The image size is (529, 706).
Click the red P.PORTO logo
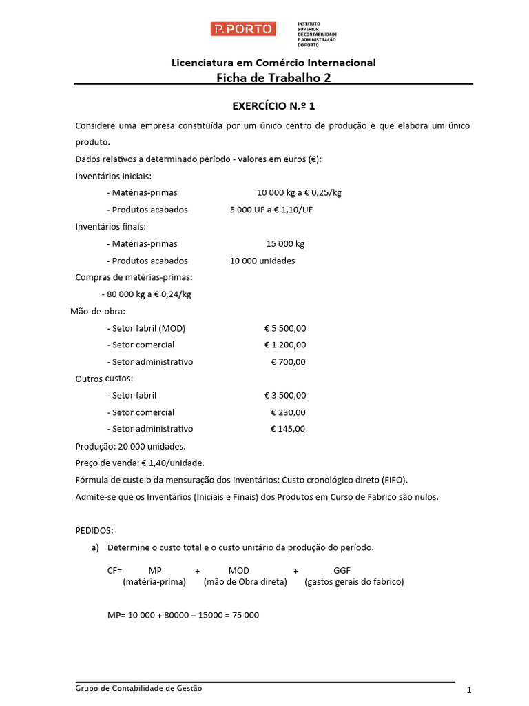coord(243,29)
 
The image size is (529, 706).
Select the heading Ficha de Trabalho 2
coord(273,78)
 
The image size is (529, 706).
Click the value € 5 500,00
coord(285,328)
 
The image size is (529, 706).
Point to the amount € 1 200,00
coord(285,345)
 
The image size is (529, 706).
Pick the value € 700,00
coord(288,362)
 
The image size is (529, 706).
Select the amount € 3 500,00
coord(285,396)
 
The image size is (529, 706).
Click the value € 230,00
coord(288,412)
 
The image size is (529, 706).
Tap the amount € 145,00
coord(288,429)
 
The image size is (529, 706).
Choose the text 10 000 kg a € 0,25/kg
coord(299,193)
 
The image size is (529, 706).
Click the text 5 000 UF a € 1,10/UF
coord(276,210)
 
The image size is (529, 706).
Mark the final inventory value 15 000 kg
coord(285,244)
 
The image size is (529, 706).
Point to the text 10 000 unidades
coord(262,261)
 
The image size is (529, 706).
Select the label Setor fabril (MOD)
coord(146,328)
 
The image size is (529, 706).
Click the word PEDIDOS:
coord(94,530)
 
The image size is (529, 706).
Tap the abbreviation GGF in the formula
coord(342,571)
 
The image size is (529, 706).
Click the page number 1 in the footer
coord(468,690)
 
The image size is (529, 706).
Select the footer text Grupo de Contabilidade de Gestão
coord(139,688)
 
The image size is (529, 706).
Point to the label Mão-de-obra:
coord(98,311)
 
